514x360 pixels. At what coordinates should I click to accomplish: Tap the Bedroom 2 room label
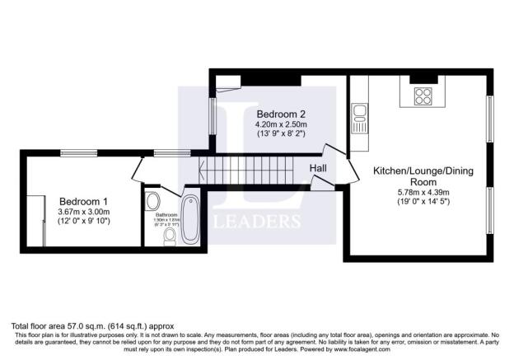282,114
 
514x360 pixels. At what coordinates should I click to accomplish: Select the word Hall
319,169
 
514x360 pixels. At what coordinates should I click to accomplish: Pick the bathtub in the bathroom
189,218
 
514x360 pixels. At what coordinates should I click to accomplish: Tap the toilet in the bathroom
170,236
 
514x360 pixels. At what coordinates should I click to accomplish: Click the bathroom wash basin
152,201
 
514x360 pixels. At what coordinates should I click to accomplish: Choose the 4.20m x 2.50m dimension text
282,125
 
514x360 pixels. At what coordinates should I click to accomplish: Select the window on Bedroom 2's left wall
213,116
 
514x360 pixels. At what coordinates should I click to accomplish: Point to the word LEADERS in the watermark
257,222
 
